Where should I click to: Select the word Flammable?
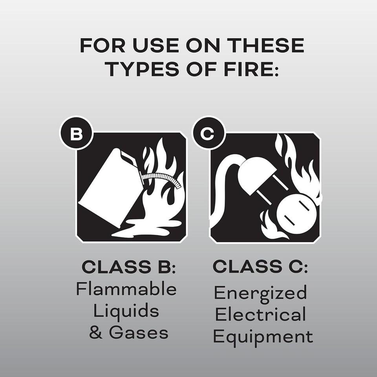(126, 289)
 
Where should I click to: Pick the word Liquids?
(126, 311)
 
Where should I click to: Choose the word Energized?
(260, 293)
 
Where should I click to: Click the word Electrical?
(260, 315)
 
